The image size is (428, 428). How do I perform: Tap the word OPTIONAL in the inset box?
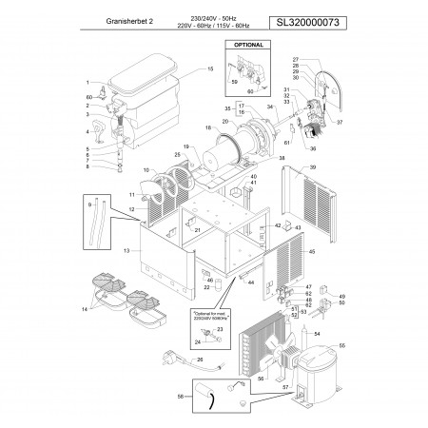(x=247, y=45)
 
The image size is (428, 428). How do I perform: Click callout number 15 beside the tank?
(x=210, y=69)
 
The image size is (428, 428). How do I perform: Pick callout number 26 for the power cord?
(x=199, y=360)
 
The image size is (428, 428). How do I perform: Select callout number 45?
(x=311, y=252)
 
